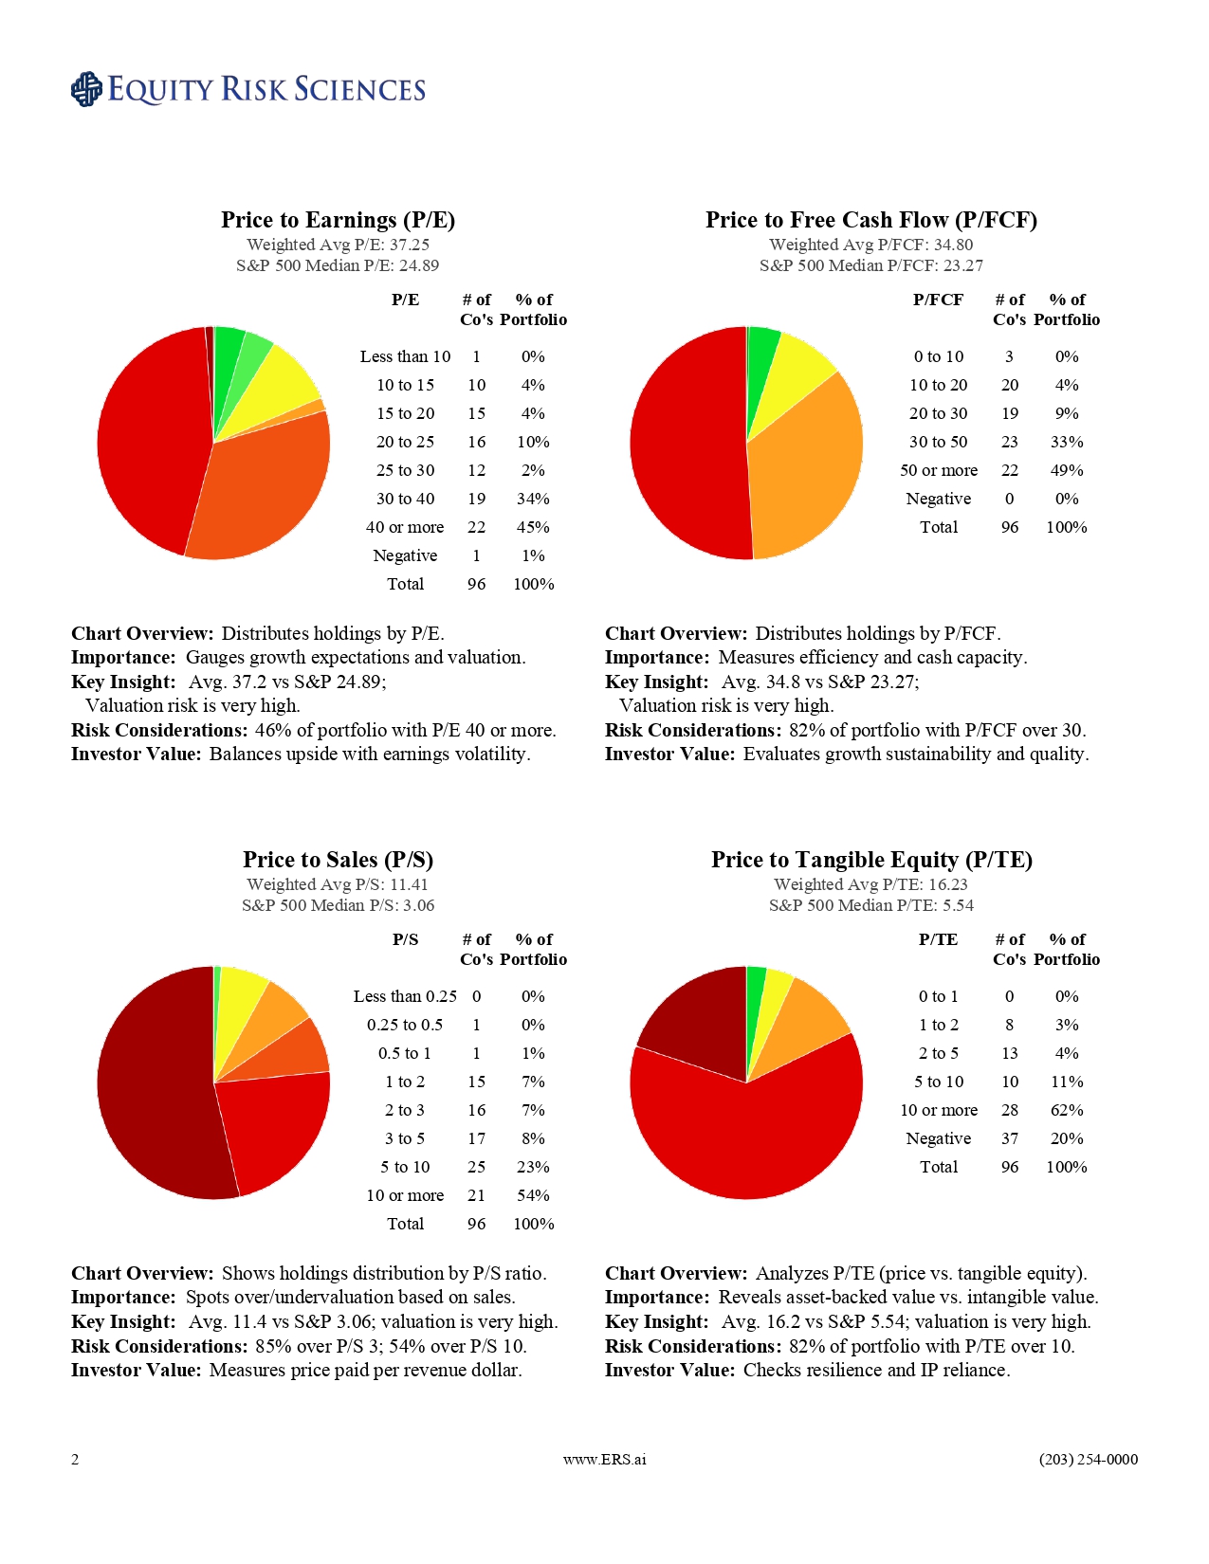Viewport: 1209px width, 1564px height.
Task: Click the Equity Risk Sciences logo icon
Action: click(86, 89)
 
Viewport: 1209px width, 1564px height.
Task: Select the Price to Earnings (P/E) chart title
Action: click(338, 220)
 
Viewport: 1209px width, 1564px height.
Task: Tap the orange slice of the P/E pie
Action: click(261, 483)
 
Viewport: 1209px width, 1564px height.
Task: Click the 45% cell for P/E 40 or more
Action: click(533, 527)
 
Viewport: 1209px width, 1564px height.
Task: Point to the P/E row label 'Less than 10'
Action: click(405, 356)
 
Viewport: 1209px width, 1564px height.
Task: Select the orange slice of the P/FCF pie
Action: click(806, 464)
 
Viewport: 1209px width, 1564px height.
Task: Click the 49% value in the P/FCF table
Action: click(1067, 470)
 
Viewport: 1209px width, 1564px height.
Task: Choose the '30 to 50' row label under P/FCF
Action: click(939, 442)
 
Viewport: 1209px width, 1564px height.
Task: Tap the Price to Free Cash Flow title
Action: click(870, 220)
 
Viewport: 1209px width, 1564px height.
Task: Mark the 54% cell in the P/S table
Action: click(533, 1195)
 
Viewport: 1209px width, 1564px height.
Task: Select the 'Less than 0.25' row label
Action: click(405, 996)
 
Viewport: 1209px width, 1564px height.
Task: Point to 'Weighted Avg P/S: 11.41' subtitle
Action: click(338, 884)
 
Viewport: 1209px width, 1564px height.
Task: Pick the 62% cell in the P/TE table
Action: click(1067, 1110)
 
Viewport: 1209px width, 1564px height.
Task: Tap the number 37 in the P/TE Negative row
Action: click(1010, 1138)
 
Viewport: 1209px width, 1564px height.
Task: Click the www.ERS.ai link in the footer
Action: click(604, 1460)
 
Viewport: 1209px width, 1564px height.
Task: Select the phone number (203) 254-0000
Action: click(1088, 1460)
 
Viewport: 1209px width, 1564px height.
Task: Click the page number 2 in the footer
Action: click(75, 1460)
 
